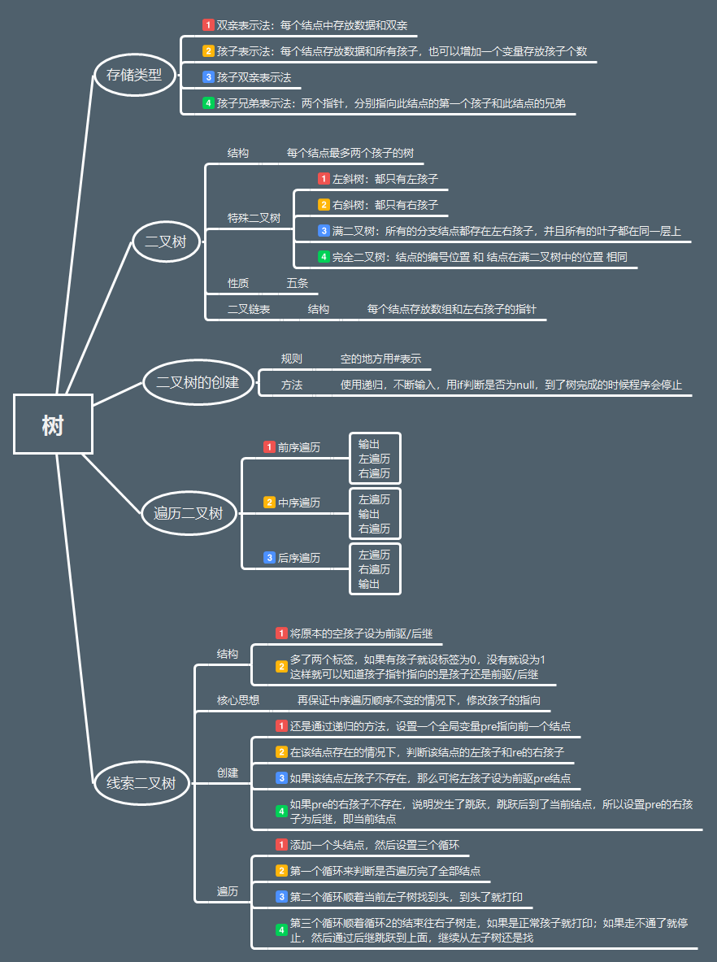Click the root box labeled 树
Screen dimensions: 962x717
pyautogui.click(x=53, y=424)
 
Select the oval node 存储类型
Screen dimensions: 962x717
pyautogui.click(x=134, y=76)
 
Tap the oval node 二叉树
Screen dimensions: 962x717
pyautogui.click(x=166, y=242)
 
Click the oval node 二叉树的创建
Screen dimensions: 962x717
pyautogui.click(x=198, y=381)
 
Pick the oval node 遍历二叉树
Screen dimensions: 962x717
pyautogui.click(x=188, y=513)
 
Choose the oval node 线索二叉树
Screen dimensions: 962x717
pyautogui.click(x=141, y=784)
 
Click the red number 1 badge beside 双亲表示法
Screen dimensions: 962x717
pyautogui.click(x=208, y=25)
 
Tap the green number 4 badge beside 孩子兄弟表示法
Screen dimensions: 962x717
pyautogui.click(x=208, y=103)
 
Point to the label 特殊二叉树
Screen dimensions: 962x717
pyautogui.click(x=254, y=218)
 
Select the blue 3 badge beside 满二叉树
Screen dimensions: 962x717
pyautogui.click(x=324, y=231)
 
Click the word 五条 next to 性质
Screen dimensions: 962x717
pyautogui.click(x=297, y=283)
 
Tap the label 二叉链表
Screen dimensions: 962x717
pyautogui.click(x=249, y=309)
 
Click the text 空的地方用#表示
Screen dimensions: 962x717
pyautogui.click(x=380, y=359)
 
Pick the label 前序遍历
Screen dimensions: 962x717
pyautogui.click(x=298, y=447)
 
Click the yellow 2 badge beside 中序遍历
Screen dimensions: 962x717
pyautogui.click(x=269, y=503)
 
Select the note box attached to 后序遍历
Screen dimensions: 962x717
pyautogui.click(x=375, y=569)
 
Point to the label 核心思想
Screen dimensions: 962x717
pyautogui.click(x=238, y=700)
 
